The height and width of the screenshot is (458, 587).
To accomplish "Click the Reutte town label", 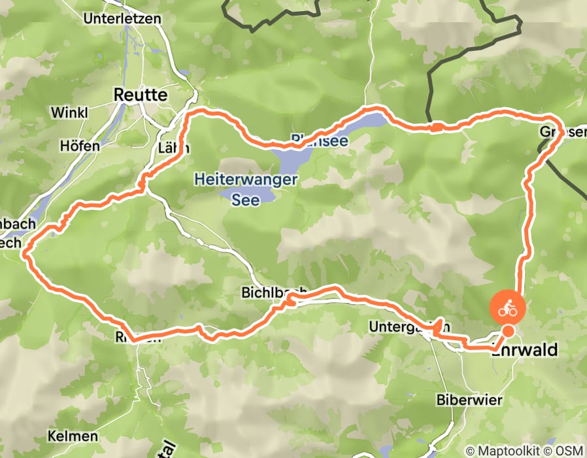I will [140, 95].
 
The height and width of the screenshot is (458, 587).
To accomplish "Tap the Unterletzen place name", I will [122, 18].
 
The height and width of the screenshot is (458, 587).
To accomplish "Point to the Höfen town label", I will [79, 145].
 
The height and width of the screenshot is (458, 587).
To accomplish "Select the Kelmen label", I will [73, 435].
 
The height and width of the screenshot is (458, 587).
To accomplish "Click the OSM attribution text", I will [568, 451].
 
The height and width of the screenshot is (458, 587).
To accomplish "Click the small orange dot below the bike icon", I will [507, 331].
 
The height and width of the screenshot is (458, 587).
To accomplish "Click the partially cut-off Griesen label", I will [562, 132].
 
